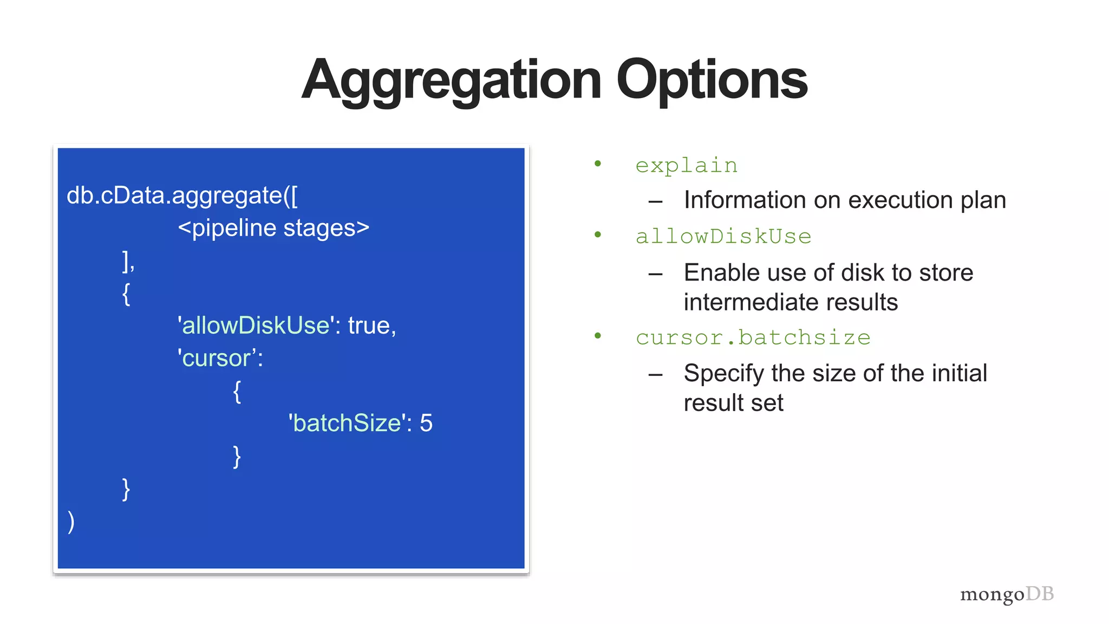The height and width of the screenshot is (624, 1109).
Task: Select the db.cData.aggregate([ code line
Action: tap(182, 196)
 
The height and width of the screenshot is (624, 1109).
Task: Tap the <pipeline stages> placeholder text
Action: tap(273, 228)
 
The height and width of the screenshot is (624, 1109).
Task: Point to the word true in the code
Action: tap(369, 326)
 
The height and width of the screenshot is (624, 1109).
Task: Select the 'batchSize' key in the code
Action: tap(347, 423)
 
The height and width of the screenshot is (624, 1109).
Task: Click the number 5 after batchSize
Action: tap(426, 423)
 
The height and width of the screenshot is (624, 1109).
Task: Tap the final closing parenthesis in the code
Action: tap(71, 522)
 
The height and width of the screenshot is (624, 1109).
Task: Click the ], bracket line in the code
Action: tap(128, 261)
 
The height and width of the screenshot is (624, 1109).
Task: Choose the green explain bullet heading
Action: tap(686, 166)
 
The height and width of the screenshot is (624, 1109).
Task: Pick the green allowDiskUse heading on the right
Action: tap(723, 237)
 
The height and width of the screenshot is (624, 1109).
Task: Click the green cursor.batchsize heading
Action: tap(753, 337)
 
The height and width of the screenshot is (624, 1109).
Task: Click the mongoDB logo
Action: tap(1007, 594)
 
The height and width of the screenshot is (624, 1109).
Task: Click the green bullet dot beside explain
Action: tap(598, 164)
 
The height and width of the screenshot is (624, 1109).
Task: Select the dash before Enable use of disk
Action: tap(655, 274)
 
